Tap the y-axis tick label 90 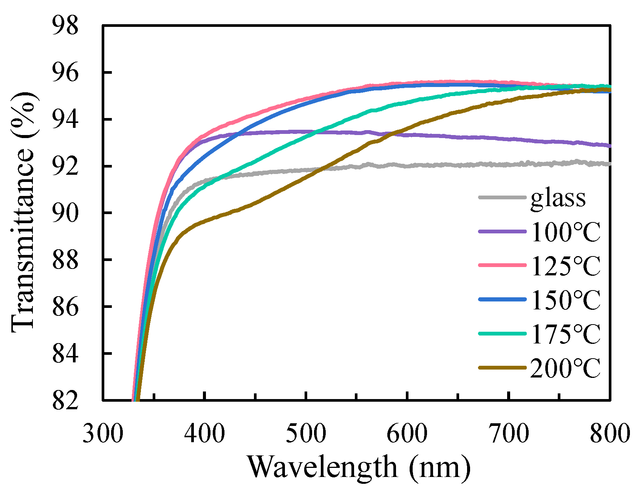click(65, 213)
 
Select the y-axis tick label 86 click(65, 306)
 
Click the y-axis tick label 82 click(65, 400)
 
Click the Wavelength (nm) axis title click(359, 468)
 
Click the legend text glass click(558, 197)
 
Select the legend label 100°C click(565, 231)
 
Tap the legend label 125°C click(565, 266)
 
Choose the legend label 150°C click(565, 300)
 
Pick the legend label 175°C click(565, 334)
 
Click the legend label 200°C click(565, 368)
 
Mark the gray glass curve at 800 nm click(609, 164)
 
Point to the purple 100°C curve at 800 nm click(609, 146)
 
